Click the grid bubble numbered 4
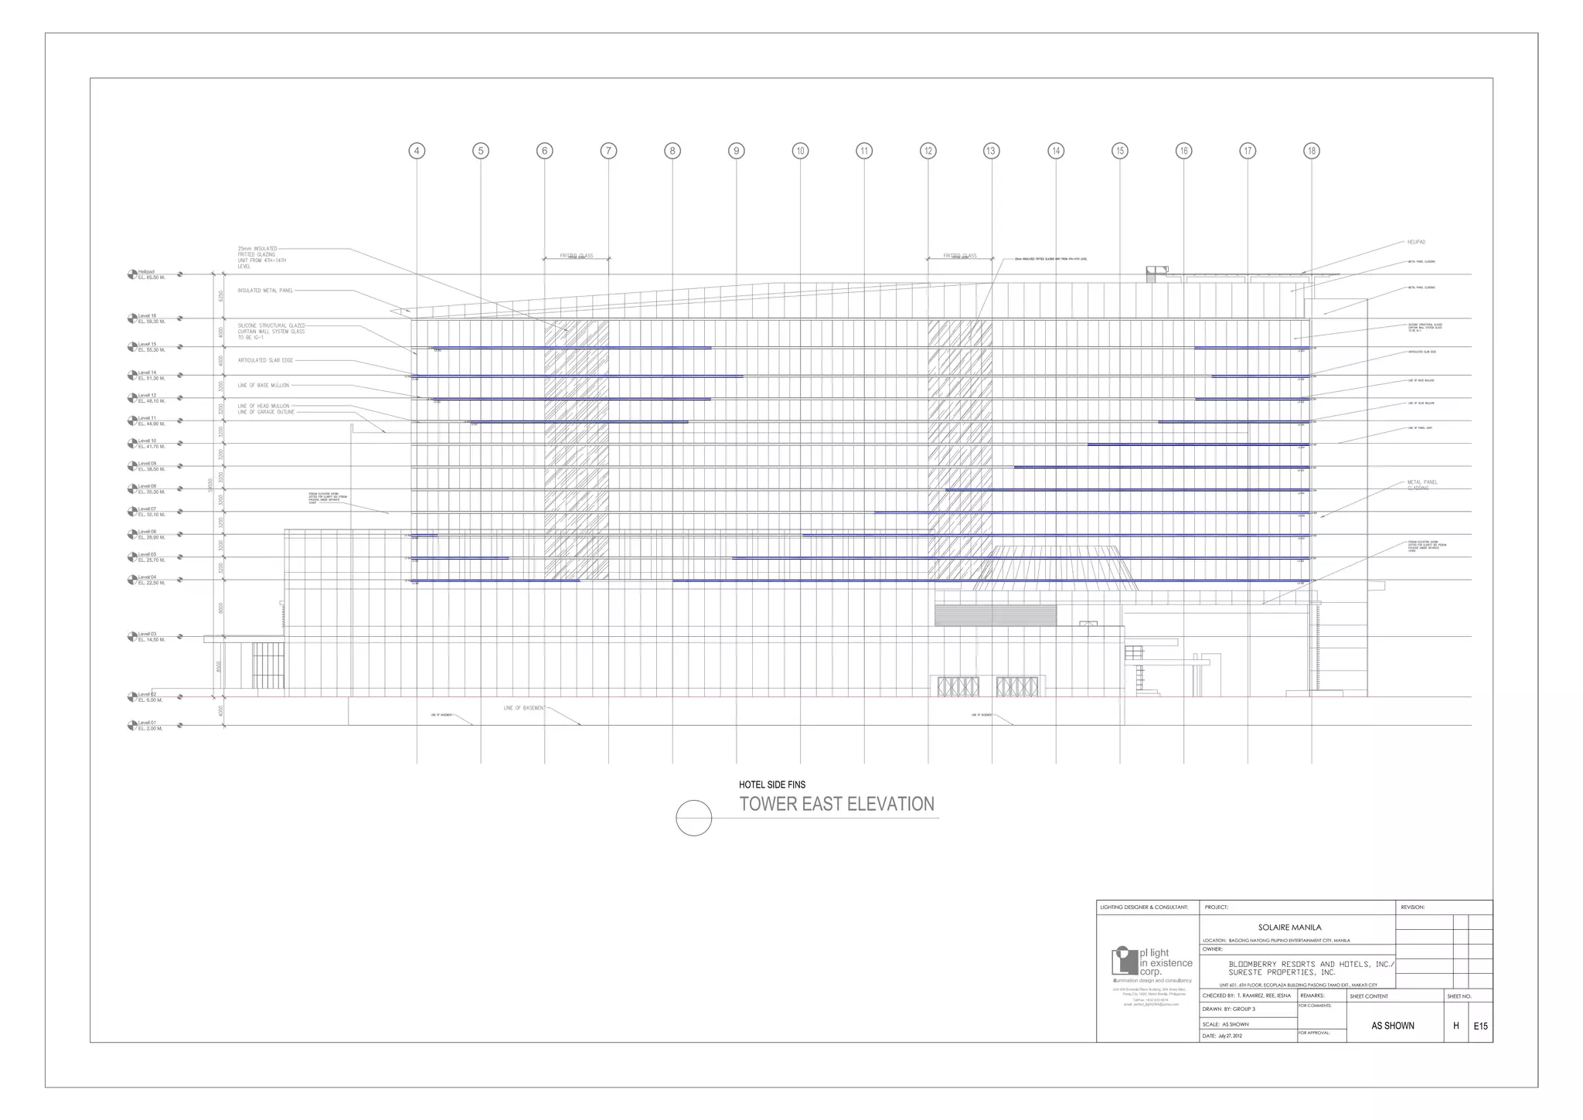point(417,151)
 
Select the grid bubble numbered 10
point(800,151)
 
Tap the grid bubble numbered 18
point(1311,151)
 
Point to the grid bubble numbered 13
point(991,151)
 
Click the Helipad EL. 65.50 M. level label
point(151,274)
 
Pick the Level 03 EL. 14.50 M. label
point(151,637)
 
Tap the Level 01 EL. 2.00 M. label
point(150,726)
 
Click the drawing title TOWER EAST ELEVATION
point(836,805)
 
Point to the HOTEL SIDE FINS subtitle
point(771,785)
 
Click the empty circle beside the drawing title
point(693,818)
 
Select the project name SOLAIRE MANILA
point(1289,927)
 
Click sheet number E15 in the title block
point(1480,1026)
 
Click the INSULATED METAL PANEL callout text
point(265,291)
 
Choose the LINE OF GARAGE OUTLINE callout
point(266,412)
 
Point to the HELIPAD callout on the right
point(1416,242)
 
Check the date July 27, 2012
point(1229,1036)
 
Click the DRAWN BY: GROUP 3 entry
point(1229,1009)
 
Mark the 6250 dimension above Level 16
point(220,296)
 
